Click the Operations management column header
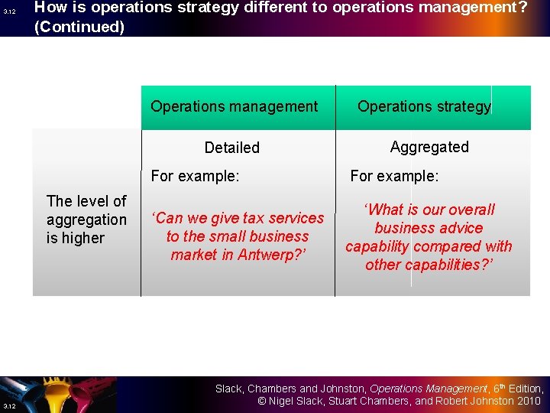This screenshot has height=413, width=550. coord(234,106)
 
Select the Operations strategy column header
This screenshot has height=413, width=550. coord(424,106)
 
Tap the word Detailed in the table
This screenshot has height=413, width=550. coord(231,148)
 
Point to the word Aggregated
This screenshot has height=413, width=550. coord(429,147)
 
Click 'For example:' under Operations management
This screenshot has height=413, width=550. coord(195,177)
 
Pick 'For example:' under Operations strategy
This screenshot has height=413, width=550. coord(394,177)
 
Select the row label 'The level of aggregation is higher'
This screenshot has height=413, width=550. coord(86,220)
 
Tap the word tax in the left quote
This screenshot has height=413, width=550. coord(236,218)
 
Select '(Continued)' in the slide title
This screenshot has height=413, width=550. coord(79,27)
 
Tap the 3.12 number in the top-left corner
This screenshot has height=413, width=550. coord(9,11)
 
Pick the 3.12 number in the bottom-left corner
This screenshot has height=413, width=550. coord(8,405)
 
